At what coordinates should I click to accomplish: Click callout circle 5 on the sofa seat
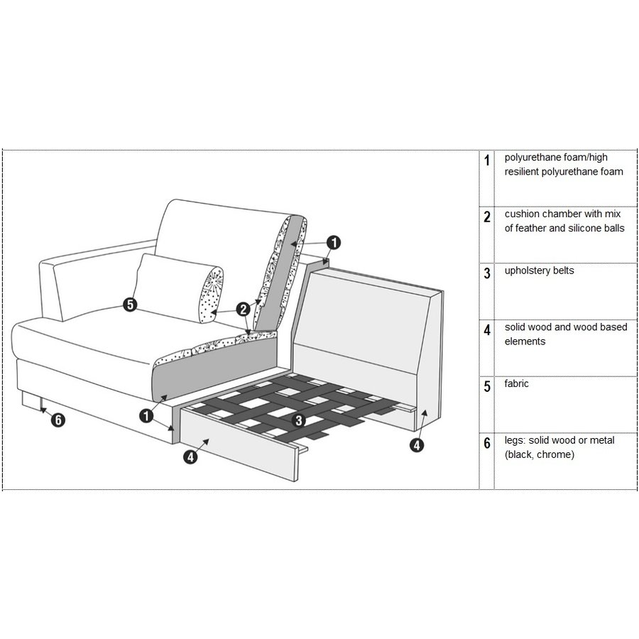coord(130,305)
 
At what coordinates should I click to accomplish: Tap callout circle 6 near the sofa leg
coord(58,420)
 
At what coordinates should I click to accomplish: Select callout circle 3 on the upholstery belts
coord(299,420)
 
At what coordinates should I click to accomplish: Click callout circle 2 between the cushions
coord(244,310)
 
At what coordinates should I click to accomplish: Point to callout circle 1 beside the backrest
coord(334,243)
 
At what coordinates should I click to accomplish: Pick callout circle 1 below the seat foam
coord(146,416)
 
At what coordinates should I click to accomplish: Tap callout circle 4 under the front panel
coord(190,457)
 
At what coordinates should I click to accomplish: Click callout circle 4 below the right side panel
coord(417,445)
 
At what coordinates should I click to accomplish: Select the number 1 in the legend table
coord(486,160)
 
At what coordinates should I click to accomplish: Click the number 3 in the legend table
coord(486,273)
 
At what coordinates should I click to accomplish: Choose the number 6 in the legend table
coord(486,443)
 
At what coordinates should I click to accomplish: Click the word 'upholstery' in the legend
coord(525,271)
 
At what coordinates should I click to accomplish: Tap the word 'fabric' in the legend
coord(516,383)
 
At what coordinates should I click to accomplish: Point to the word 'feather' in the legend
coord(530,228)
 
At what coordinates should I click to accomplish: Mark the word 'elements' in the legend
coord(525,342)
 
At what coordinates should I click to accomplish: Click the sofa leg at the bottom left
coord(31,400)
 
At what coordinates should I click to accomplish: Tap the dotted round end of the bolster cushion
coord(211,295)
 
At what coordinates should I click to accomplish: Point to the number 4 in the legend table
coord(486,329)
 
